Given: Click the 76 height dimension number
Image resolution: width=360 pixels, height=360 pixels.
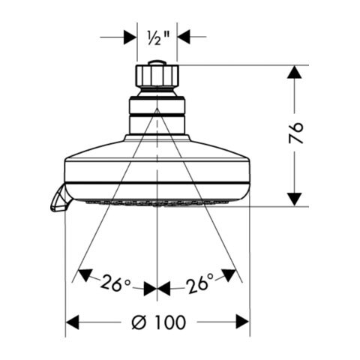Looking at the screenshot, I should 297,133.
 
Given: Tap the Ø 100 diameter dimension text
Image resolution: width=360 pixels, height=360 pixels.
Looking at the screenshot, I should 158,322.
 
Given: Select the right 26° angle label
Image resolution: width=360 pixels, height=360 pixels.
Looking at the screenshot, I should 199,283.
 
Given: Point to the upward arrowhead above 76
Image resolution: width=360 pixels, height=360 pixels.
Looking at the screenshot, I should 296,73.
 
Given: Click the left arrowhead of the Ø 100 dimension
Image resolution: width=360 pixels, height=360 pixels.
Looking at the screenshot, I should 73,322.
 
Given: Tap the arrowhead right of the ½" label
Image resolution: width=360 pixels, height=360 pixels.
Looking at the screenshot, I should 184,35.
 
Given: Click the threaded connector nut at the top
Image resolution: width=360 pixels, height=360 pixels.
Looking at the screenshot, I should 157,78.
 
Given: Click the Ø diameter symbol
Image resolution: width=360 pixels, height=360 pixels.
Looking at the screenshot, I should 138,322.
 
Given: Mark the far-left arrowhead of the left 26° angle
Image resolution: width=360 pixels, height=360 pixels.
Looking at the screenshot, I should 85,274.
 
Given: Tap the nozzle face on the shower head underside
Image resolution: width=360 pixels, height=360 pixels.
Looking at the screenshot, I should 157,202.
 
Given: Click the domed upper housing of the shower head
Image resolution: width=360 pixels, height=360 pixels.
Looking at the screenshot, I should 157,150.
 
